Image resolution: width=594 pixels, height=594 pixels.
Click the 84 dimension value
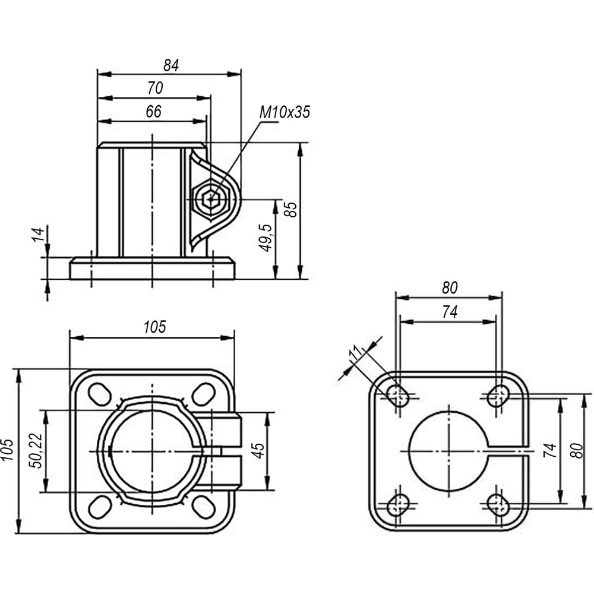tap(171, 65)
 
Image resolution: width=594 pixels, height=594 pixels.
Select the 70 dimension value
tap(154, 89)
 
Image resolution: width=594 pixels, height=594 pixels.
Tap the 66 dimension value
tap(153, 112)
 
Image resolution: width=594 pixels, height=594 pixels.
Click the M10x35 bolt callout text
tap(285, 112)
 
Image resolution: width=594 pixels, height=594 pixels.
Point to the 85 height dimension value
tap(290, 209)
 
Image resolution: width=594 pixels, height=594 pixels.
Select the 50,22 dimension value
tap(35, 451)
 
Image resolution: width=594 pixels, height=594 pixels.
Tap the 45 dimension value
tap(258, 451)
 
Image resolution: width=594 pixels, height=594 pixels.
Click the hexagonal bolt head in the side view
tap(213, 200)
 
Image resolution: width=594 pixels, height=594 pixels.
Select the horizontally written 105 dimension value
tap(154, 327)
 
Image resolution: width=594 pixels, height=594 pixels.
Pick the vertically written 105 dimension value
tap(7, 451)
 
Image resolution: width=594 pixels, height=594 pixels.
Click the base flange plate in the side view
tap(152, 268)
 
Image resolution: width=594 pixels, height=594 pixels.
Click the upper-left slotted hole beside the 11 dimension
tap(398, 395)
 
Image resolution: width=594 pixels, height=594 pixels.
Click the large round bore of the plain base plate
tap(447, 451)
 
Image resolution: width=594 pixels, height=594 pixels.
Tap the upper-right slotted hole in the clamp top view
tap(203, 394)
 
